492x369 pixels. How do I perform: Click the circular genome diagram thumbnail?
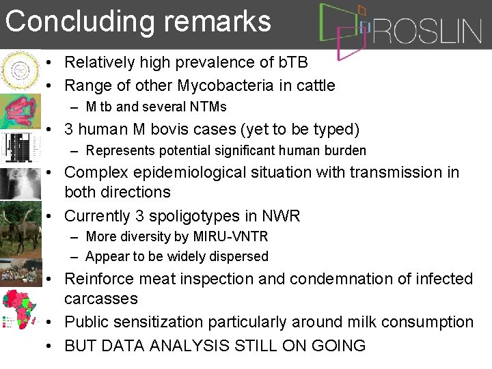pyautogui.click(x=20, y=70)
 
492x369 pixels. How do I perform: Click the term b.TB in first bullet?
pyautogui.click(x=290, y=63)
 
